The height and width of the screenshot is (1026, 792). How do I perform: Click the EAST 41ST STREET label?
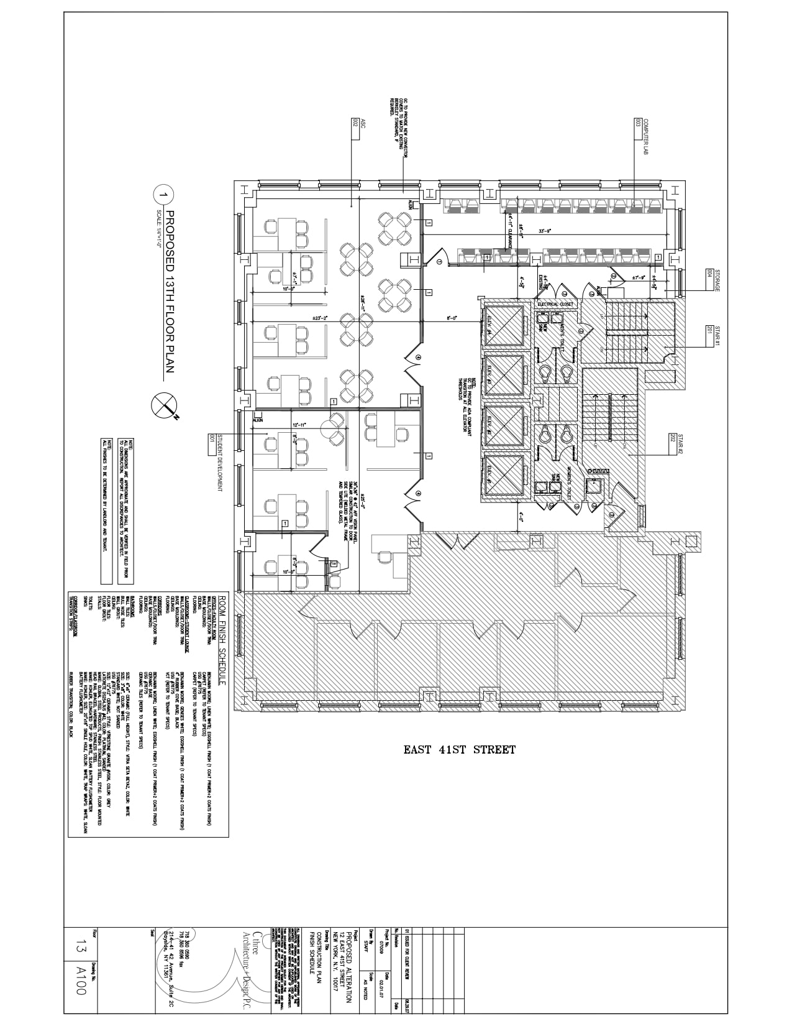point(459,750)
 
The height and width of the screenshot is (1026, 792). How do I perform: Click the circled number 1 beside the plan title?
point(163,195)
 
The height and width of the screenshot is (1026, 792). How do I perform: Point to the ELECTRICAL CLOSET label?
point(556,304)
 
